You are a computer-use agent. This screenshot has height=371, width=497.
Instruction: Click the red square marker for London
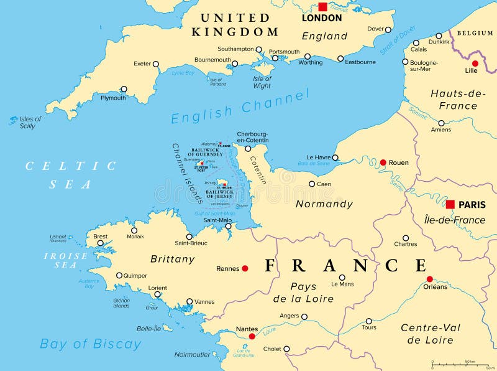coord(322,7)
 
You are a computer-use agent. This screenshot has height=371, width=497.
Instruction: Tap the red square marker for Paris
coord(450,204)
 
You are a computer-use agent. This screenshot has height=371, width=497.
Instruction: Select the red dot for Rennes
coord(245,268)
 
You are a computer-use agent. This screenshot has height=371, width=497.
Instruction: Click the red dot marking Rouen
coord(383,162)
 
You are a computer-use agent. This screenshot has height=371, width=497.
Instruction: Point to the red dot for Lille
coord(475,63)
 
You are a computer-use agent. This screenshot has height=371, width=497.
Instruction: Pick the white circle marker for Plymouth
coord(124,89)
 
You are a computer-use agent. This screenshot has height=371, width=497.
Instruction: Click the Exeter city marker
coord(156,63)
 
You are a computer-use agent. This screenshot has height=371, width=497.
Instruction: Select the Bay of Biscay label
coord(91,344)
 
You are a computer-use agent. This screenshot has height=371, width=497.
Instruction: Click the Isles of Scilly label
coord(29,123)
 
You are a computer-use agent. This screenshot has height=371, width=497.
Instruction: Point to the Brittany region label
coord(173,258)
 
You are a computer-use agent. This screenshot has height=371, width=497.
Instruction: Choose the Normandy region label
coord(324,204)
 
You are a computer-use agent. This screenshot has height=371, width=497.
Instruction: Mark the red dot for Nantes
coord(252,336)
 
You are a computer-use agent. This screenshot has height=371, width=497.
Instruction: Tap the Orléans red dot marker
coord(429,279)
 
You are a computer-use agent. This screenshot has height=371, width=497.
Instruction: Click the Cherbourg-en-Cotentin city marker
coord(248,148)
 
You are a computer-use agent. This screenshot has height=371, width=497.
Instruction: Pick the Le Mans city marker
coord(342,278)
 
